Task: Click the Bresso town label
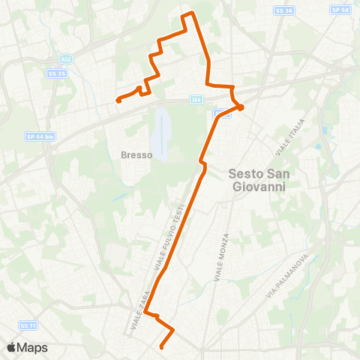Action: (x=136, y=155)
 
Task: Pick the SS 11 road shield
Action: (x=28, y=325)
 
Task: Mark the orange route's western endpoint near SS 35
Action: (x=118, y=100)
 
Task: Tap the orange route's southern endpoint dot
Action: (x=162, y=346)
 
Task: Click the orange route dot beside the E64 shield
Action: (x=241, y=107)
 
